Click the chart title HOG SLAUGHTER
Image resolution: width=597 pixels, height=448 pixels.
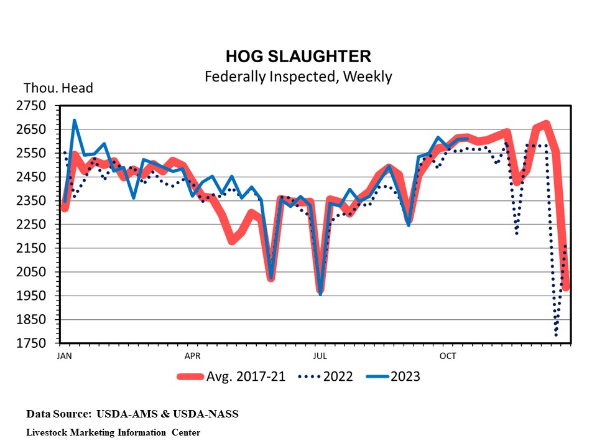[x=298, y=57]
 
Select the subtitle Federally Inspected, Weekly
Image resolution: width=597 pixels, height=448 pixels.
[x=298, y=77]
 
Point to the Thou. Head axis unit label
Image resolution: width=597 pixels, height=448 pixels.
[x=58, y=88]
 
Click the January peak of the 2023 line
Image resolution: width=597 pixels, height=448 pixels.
[x=75, y=121]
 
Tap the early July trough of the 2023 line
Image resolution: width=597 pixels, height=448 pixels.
[x=320, y=293]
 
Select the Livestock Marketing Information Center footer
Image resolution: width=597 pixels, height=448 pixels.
[x=113, y=432]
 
